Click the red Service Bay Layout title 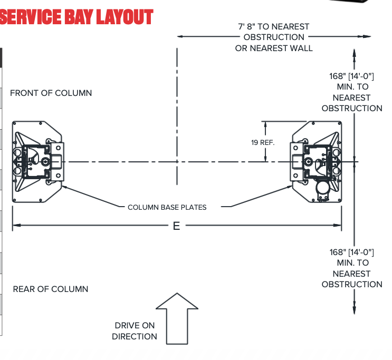[x=77, y=17]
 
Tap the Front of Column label [x=51, y=93]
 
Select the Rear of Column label [x=51, y=289]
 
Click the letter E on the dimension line [x=176, y=226]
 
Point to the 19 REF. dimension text [x=263, y=142]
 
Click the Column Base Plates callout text [x=167, y=207]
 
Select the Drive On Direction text [x=135, y=331]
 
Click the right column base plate [x=317, y=161]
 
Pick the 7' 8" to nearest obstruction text [x=274, y=37]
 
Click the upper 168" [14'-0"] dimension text [x=352, y=92]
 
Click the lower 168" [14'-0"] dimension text [x=352, y=268]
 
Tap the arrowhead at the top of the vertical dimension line [x=354, y=53]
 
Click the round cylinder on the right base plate [x=321, y=188]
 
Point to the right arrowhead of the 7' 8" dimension [x=368, y=37]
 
